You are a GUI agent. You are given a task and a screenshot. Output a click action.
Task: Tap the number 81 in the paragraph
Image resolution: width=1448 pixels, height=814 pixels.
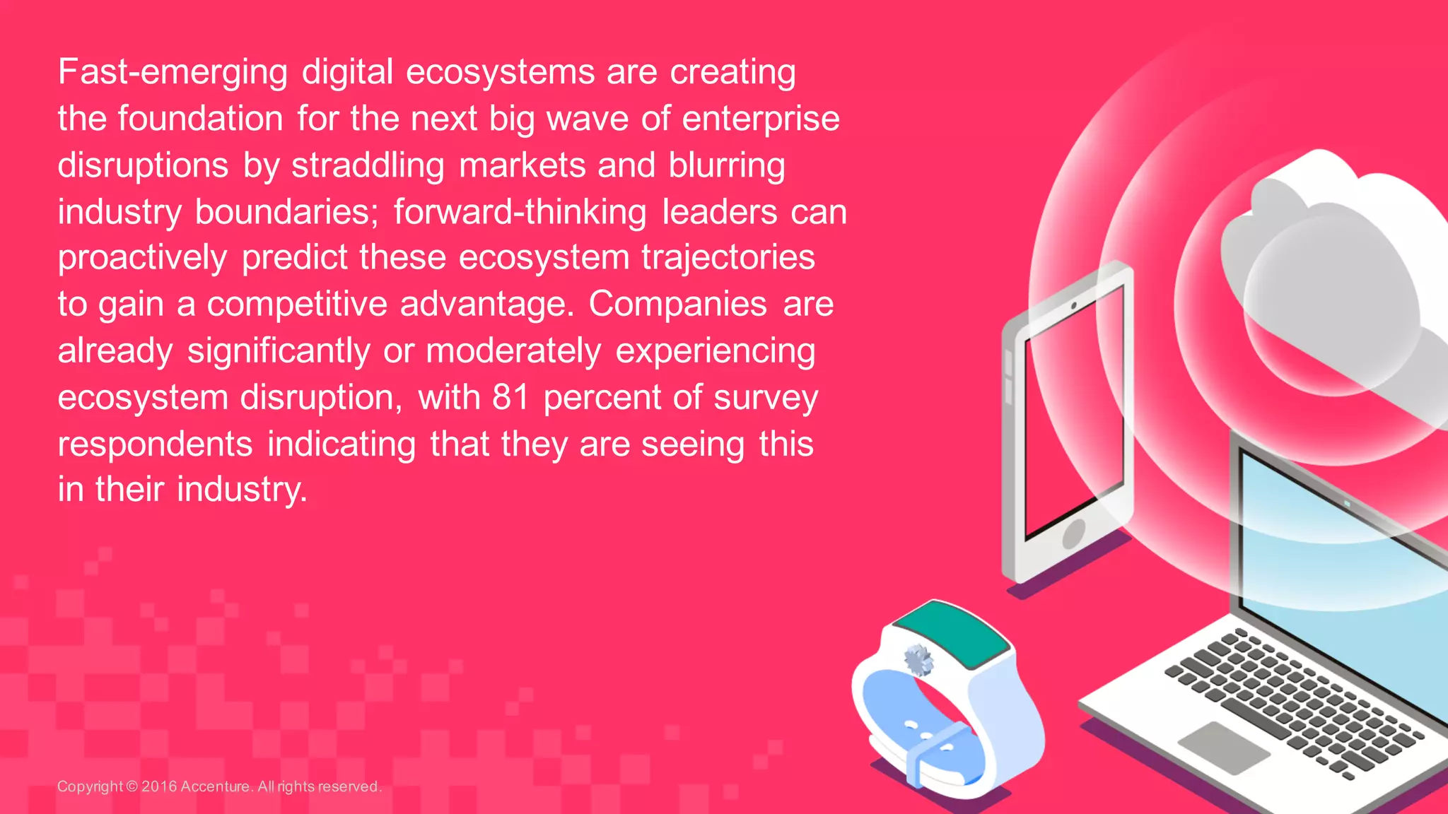(510, 397)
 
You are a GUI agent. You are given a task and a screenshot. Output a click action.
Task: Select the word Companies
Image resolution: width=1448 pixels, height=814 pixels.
(677, 305)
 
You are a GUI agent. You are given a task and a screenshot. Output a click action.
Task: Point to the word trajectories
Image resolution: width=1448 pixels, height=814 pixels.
(728, 258)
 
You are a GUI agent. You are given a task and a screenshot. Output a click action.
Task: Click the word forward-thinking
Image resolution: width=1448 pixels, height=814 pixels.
(520, 212)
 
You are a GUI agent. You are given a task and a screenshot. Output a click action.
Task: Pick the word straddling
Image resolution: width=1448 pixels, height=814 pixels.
(368, 166)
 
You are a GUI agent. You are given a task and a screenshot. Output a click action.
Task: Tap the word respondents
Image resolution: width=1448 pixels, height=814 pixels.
(155, 444)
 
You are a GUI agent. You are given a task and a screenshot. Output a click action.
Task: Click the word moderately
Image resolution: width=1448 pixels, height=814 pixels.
(513, 350)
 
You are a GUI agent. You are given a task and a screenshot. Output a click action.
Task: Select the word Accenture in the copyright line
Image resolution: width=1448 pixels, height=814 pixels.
(215, 786)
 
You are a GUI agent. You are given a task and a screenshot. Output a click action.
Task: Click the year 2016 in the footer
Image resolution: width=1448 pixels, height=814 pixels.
(158, 786)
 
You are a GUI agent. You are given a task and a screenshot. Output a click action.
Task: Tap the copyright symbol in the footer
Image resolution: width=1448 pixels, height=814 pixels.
(132, 786)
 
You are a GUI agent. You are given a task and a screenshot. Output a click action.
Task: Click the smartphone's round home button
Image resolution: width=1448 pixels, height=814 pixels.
(1073, 533)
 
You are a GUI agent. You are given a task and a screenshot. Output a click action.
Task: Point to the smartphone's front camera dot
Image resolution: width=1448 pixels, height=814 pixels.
(1073, 305)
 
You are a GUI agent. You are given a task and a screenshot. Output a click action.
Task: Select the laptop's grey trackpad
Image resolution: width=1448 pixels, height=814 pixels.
(1223, 746)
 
